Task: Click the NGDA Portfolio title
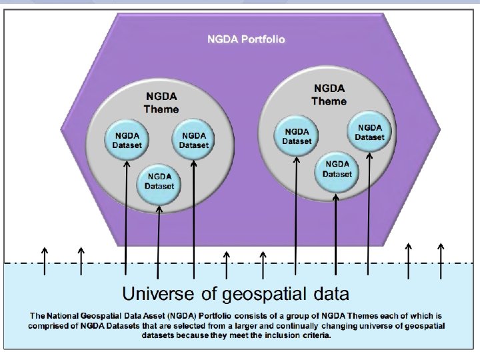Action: (x=245, y=39)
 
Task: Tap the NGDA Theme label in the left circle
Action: (x=161, y=103)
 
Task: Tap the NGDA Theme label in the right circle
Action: (x=329, y=95)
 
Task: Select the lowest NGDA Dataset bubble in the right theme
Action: (x=337, y=169)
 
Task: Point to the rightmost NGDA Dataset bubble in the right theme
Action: (x=369, y=131)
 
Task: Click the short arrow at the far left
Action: (x=45, y=261)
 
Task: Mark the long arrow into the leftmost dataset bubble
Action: (x=127, y=213)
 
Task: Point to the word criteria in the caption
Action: (x=315, y=335)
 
